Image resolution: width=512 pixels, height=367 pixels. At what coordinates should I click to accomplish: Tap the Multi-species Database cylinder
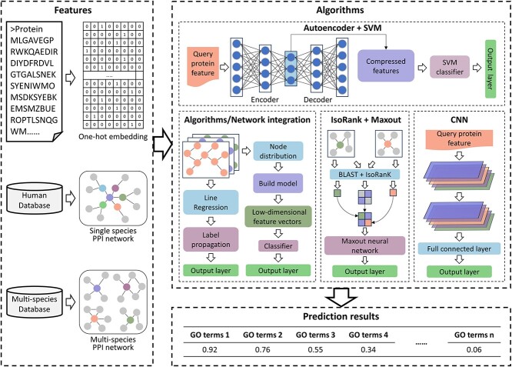40,292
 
